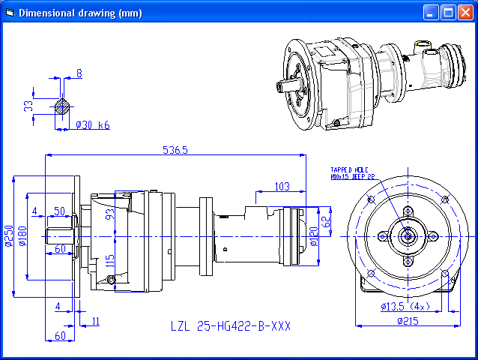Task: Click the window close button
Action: [465, 12]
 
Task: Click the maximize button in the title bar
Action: [448, 12]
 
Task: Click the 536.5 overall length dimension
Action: [175, 150]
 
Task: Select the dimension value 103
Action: [282, 186]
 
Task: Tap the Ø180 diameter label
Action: [22, 235]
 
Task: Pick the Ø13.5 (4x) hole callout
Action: [405, 307]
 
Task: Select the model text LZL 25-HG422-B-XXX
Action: [230, 327]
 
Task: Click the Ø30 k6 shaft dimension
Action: [93, 125]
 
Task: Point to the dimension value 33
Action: [28, 106]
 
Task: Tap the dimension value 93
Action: [110, 214]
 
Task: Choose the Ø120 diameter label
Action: [313, 237]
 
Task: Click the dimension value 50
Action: [59, 211]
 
